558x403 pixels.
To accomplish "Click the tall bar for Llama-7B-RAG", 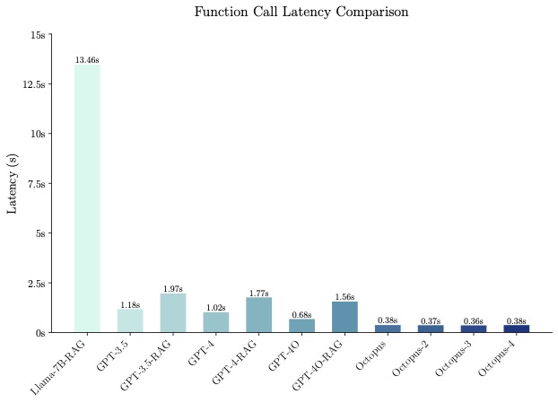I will [87, 197].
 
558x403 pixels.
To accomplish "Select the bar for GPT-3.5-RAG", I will [173, 312].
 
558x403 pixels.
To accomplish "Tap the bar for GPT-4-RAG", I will [258, 314].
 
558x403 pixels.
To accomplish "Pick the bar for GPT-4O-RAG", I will [344, 317].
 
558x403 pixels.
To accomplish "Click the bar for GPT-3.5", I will [130, 320].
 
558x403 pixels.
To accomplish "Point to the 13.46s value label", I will [87, 60].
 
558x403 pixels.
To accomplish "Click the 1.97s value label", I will [173, 289].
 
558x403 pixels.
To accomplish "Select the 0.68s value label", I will [301, 315].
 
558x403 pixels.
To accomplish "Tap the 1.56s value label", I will [344, 297].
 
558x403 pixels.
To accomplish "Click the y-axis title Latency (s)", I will [13, 183].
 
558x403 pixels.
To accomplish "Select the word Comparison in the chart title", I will [371, 13].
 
